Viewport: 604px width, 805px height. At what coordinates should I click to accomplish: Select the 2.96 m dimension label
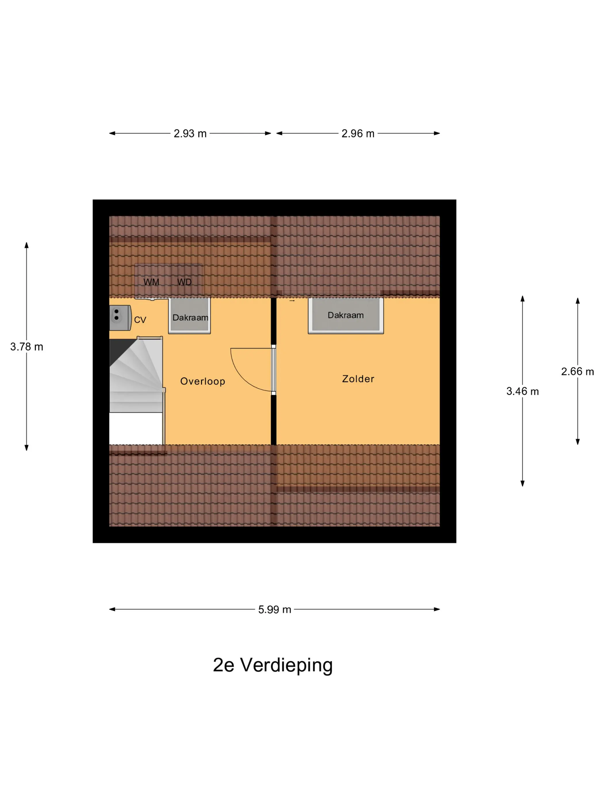click(358, 134)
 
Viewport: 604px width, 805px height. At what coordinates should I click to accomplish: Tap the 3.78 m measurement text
click(26, 347)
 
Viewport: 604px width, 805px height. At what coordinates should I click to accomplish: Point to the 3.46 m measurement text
click(522, 391)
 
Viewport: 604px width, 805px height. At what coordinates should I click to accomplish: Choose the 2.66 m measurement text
click(578, 371)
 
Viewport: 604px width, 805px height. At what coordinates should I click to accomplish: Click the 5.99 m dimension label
click(274, 609)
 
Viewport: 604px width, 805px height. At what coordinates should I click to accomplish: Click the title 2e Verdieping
click(273, 665)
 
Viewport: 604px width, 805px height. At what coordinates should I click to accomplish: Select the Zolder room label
click(358, 379)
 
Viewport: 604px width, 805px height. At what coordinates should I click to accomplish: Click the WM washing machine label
click(151, 282)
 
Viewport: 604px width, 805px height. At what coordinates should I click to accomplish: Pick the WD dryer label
click(184, 282)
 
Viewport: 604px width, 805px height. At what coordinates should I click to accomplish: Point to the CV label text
click(140, 320)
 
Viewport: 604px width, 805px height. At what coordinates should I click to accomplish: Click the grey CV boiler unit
click(120, 318)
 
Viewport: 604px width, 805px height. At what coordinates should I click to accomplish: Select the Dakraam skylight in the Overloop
click(189, 315)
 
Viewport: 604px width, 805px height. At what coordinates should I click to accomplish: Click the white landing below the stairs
click(136, 428)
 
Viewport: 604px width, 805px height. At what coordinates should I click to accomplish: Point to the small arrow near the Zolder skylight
click(292, 301)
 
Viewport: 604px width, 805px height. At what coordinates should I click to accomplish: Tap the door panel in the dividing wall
click(274, 370)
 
